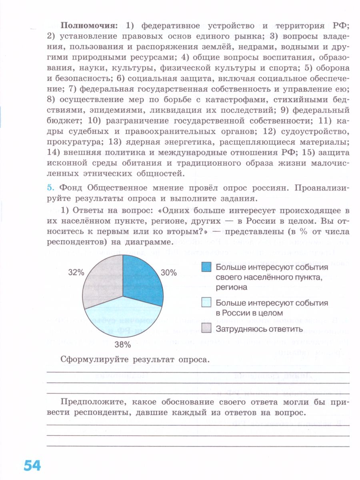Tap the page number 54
[32, 466]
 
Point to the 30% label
[168, 273]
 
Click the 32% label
[76, 273]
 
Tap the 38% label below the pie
[122, 344]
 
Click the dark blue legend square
[206, 267]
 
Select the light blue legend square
[206, 303]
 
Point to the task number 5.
[50, 188]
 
